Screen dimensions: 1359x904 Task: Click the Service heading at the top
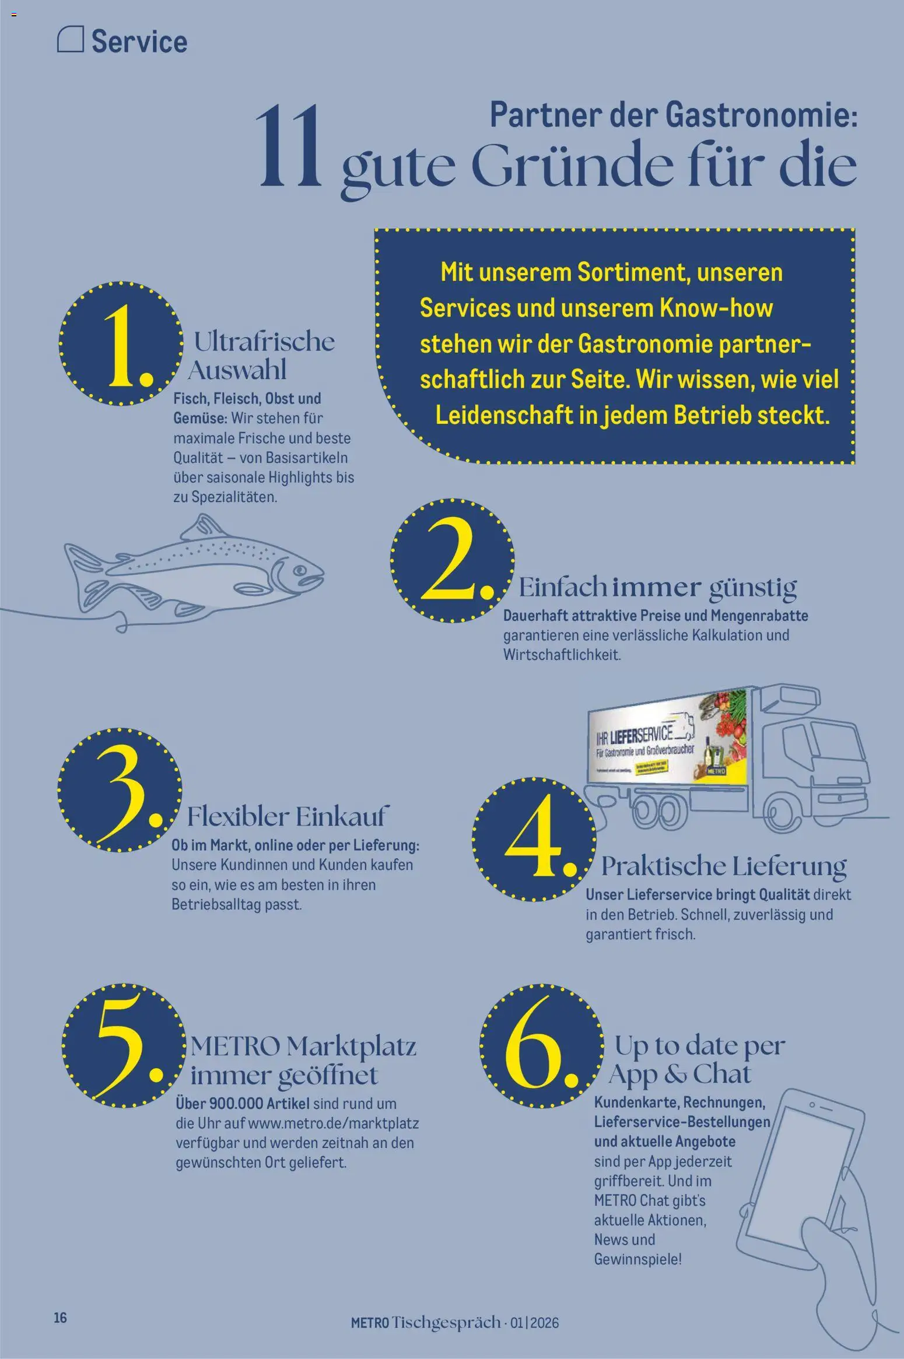coord(139,42)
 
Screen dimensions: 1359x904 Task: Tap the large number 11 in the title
coord(288,147)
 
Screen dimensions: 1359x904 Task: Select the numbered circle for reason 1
coord(121,344)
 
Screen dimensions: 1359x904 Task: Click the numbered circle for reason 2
coord(452,560)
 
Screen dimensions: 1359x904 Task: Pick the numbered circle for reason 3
coord(120,789)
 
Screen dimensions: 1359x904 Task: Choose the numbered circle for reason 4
coord(534,840)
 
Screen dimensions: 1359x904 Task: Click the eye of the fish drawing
coord(301,569)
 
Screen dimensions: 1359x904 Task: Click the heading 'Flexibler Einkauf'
coord(285,816)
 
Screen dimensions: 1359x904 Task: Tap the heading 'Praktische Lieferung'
coord(723,866)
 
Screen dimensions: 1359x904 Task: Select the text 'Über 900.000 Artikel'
coord(243,1104)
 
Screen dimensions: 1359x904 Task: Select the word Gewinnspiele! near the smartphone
coord(637,1259)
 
